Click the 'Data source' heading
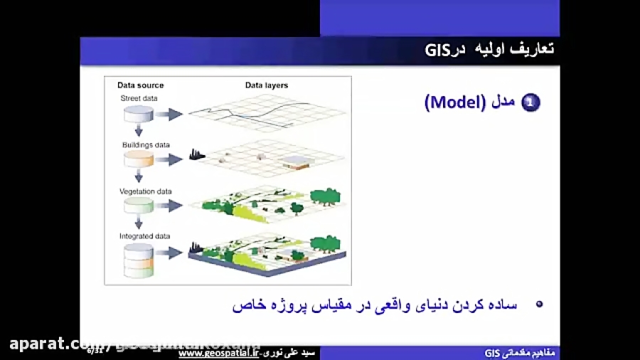(x=141, y=85)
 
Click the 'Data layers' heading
(x=267, y=85)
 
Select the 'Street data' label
(x=139, y=98)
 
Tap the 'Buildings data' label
(x=146, y=145)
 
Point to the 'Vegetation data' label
(x=146, y=191)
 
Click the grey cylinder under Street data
(x=139, y=114)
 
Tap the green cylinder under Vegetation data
(x=139, y=206)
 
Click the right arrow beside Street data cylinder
(x=169, y=114)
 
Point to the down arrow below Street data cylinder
(x=139, y=131)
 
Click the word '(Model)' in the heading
(x=455, y=103)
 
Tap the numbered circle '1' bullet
(x=530, y=103)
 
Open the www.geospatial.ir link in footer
(x=219, y=353)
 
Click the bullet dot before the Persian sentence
(x=538, y=304)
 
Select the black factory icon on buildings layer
(x=197, y=154)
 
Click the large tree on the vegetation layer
(x=326, y=197)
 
